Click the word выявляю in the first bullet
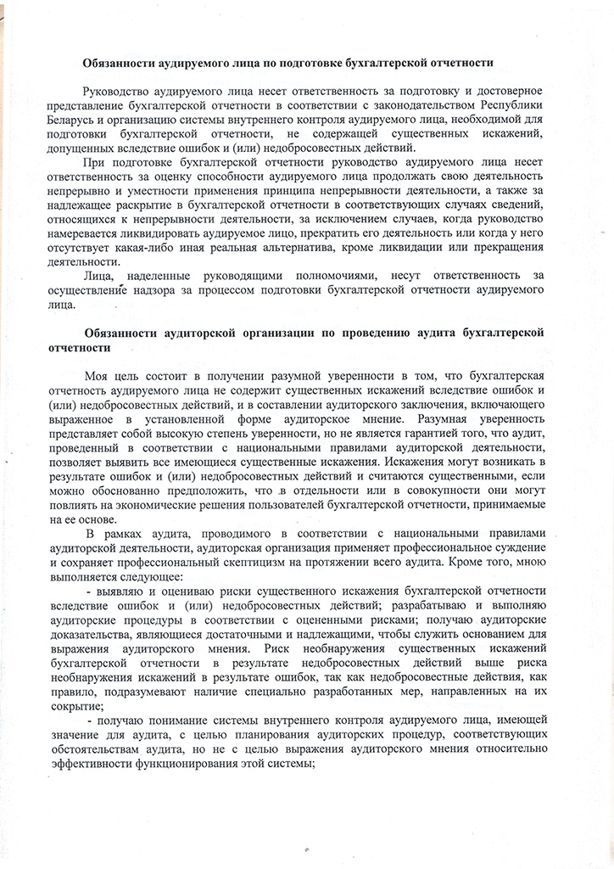click(x=129, y=591)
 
